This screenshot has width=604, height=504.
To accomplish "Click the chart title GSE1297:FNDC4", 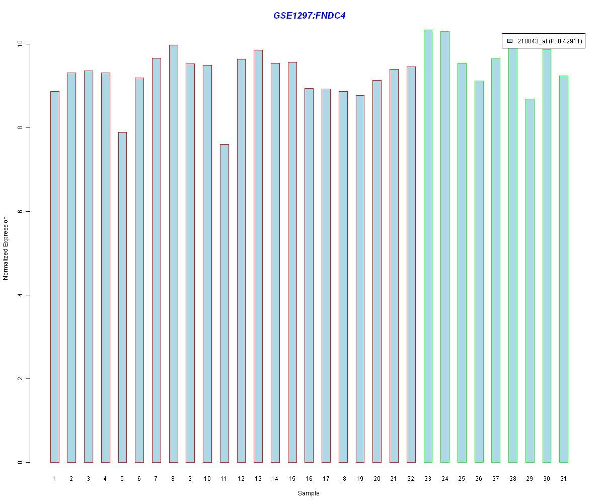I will (x=309, y=16).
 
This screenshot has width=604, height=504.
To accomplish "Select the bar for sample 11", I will (x=224, y=303).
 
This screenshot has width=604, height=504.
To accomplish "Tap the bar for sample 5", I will (x=122, y=297).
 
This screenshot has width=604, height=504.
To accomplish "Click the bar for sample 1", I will (x=54, y=277).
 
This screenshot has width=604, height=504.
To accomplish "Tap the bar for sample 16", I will (x=309, y=275).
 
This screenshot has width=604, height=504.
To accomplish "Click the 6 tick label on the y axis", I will (x=21, y=212).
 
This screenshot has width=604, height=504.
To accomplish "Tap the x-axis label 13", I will (x=258, y=479).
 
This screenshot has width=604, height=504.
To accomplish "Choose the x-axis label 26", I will (x=479, y=479).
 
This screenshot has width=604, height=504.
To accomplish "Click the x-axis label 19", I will (x=360, y=479).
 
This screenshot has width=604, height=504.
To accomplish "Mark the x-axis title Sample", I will (x=309, y=493).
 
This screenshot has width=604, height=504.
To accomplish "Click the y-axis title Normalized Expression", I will (x=6, y=248).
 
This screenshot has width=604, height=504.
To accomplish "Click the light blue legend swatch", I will (x=510, y=41).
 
